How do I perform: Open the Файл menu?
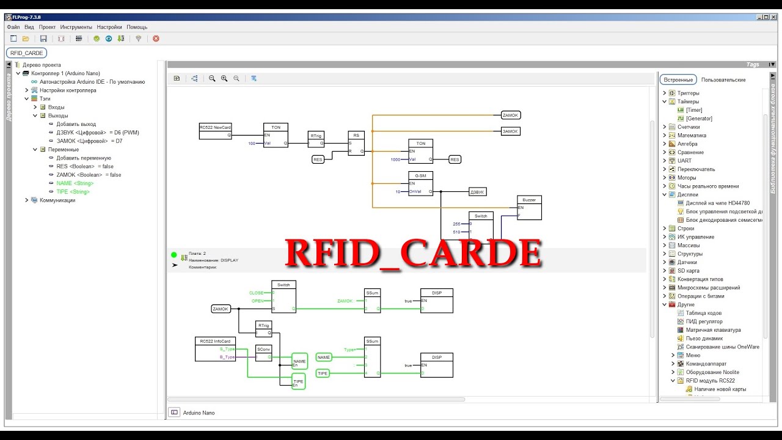point(13,27)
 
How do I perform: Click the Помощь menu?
point(137,27)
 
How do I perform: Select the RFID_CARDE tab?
point(27,53)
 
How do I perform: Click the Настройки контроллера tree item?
point(68,90)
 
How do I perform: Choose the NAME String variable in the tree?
point(75,183)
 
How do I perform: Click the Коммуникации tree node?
point(57,200)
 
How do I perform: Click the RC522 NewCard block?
point(215,131)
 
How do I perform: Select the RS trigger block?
point(356,144)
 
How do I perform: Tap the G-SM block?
point(420,184)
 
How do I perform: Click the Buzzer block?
point(528,208)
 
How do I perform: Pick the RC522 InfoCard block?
point(215,349)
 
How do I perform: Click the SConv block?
point(263,353)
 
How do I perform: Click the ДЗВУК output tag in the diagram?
point(477,192)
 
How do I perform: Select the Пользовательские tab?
point(723,80)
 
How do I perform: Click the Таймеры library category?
point(688,101)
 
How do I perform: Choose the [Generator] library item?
point(699,119)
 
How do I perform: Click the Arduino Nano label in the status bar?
point(199,413)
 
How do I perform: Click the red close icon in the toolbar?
point(156,38)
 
